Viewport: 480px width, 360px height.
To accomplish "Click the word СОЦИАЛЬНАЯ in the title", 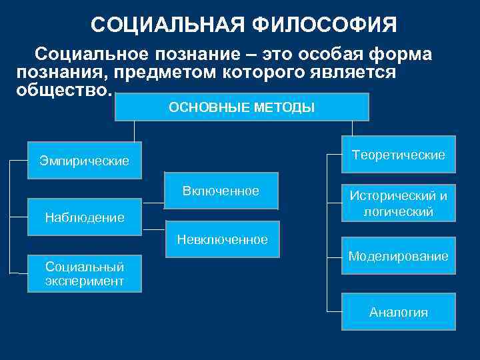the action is (169, 25).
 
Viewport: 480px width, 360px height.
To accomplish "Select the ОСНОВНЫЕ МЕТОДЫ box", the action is (242, 107).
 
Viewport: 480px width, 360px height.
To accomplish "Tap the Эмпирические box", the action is (85, 161).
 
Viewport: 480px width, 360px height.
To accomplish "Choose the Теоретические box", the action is (399, 155).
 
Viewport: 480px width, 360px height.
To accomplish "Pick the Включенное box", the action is (221, 192).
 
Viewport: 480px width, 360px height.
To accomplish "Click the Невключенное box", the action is (222, 239).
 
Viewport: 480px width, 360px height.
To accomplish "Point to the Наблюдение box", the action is (85, 217).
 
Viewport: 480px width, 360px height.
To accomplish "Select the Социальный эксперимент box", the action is (85, 273).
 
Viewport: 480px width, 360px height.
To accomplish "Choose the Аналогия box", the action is (399, 312).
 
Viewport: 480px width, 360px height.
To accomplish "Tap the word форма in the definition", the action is (399, 53).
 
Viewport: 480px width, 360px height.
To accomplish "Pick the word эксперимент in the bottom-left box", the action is (85, 281).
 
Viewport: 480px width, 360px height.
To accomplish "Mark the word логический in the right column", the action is (399, 212).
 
